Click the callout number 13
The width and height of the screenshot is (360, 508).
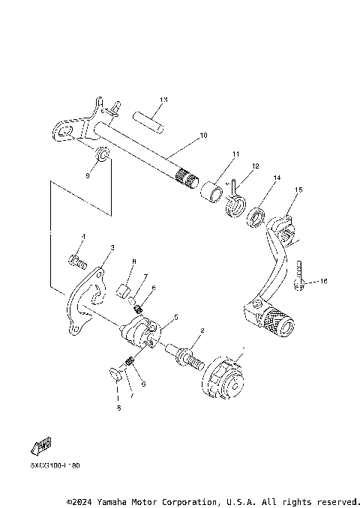click(x=163, y=100)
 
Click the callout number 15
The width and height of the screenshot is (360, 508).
click(x=298, y=190)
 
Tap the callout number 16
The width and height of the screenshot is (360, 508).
click(x=324, y=281)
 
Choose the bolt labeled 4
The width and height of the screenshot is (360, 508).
click(x=76, y=261)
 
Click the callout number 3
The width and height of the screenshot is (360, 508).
click(x=112, y=247)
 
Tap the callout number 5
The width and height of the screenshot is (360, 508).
click(x=175, y=317)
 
